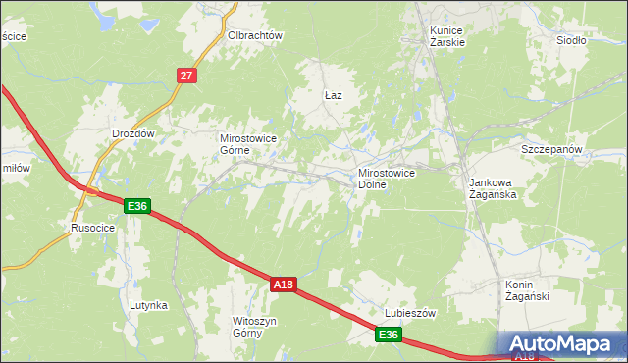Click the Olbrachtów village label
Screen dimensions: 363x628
(x=255, y=35)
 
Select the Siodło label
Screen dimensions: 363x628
(x=571, y=40)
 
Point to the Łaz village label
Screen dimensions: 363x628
(x=333, y=95)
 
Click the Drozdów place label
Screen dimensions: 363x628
(x=133, y=132)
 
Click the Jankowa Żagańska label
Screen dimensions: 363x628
(x=493, y=188)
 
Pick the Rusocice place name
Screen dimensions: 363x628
(x=93, y=228)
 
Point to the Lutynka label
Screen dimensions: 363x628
(x=148, y=305)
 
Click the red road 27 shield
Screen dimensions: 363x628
(x=188, y=75)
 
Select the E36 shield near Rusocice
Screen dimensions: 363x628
(x=137, y=205)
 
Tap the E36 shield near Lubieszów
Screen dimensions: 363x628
(x=389, y=336)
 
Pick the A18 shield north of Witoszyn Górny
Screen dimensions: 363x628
(x=283, y=285)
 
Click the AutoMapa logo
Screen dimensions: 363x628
(x=562, y=343)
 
